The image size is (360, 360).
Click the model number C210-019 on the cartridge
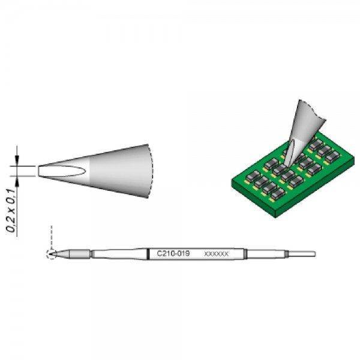tap(173, 254)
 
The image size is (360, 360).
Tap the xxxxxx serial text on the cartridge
tap(217, 254)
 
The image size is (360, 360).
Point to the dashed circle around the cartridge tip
tap(52, 254)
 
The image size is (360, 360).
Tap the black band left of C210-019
tap(148, 254)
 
